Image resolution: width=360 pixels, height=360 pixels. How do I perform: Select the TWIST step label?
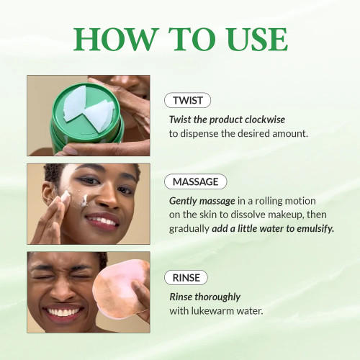187,101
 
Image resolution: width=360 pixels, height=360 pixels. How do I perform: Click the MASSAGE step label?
195,181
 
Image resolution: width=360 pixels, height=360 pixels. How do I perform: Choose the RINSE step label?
186,277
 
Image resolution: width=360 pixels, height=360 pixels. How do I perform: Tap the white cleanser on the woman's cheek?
65,196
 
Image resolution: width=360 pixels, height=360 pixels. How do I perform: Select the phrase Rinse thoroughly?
204,297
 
